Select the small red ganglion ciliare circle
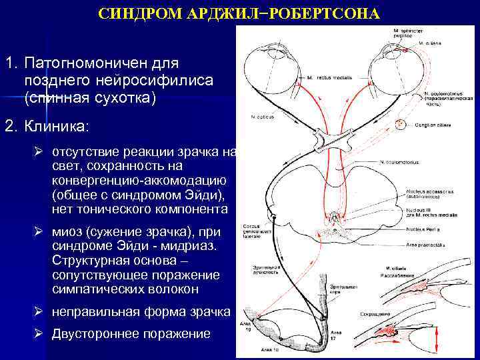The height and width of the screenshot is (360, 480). [401, 125]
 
